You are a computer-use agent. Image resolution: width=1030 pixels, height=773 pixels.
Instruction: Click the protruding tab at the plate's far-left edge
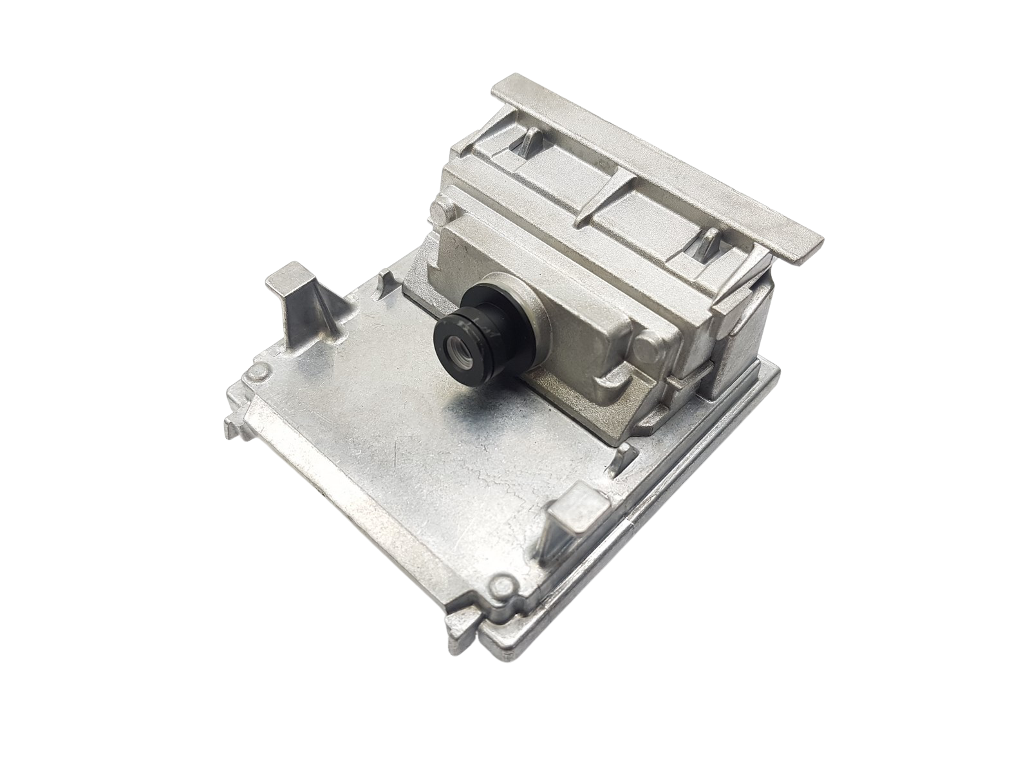[x=233, y=425]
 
